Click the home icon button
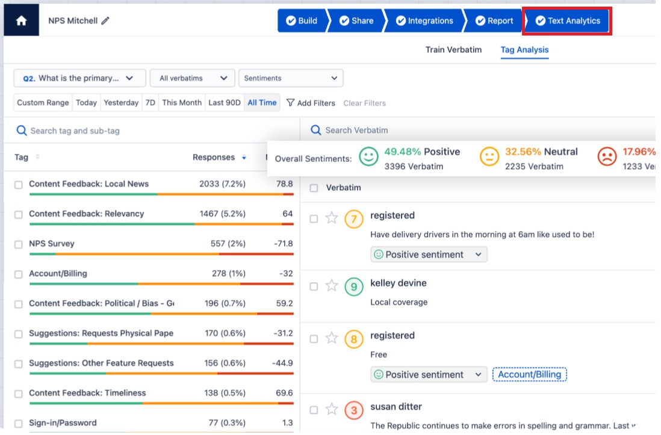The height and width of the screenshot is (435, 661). tap(21, 20)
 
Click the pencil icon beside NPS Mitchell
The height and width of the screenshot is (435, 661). tap(105, 20)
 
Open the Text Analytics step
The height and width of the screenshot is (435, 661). tap(568, 20)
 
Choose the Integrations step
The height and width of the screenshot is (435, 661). tap(424, 20)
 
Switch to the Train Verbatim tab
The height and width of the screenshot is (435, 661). tap(453, 49)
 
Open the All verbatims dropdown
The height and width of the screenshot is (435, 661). tap(193, 78)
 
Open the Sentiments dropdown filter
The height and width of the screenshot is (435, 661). tap(291, 78)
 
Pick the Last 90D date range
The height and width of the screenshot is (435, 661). tap(224, 102)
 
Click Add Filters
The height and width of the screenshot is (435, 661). tap(310, 103)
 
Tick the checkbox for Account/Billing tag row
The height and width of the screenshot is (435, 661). tap(19, 274)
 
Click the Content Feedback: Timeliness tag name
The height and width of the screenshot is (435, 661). tap(87, 393)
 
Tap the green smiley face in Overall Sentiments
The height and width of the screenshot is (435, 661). tap(368, 158)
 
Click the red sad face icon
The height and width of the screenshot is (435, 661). tap(607, 158)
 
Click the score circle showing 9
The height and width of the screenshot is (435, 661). tap(353, 287)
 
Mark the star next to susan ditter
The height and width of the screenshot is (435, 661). tap(332, 410)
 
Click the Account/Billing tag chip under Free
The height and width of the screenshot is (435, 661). tap(529, 374)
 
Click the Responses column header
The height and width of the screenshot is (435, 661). tap(214, 157)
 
